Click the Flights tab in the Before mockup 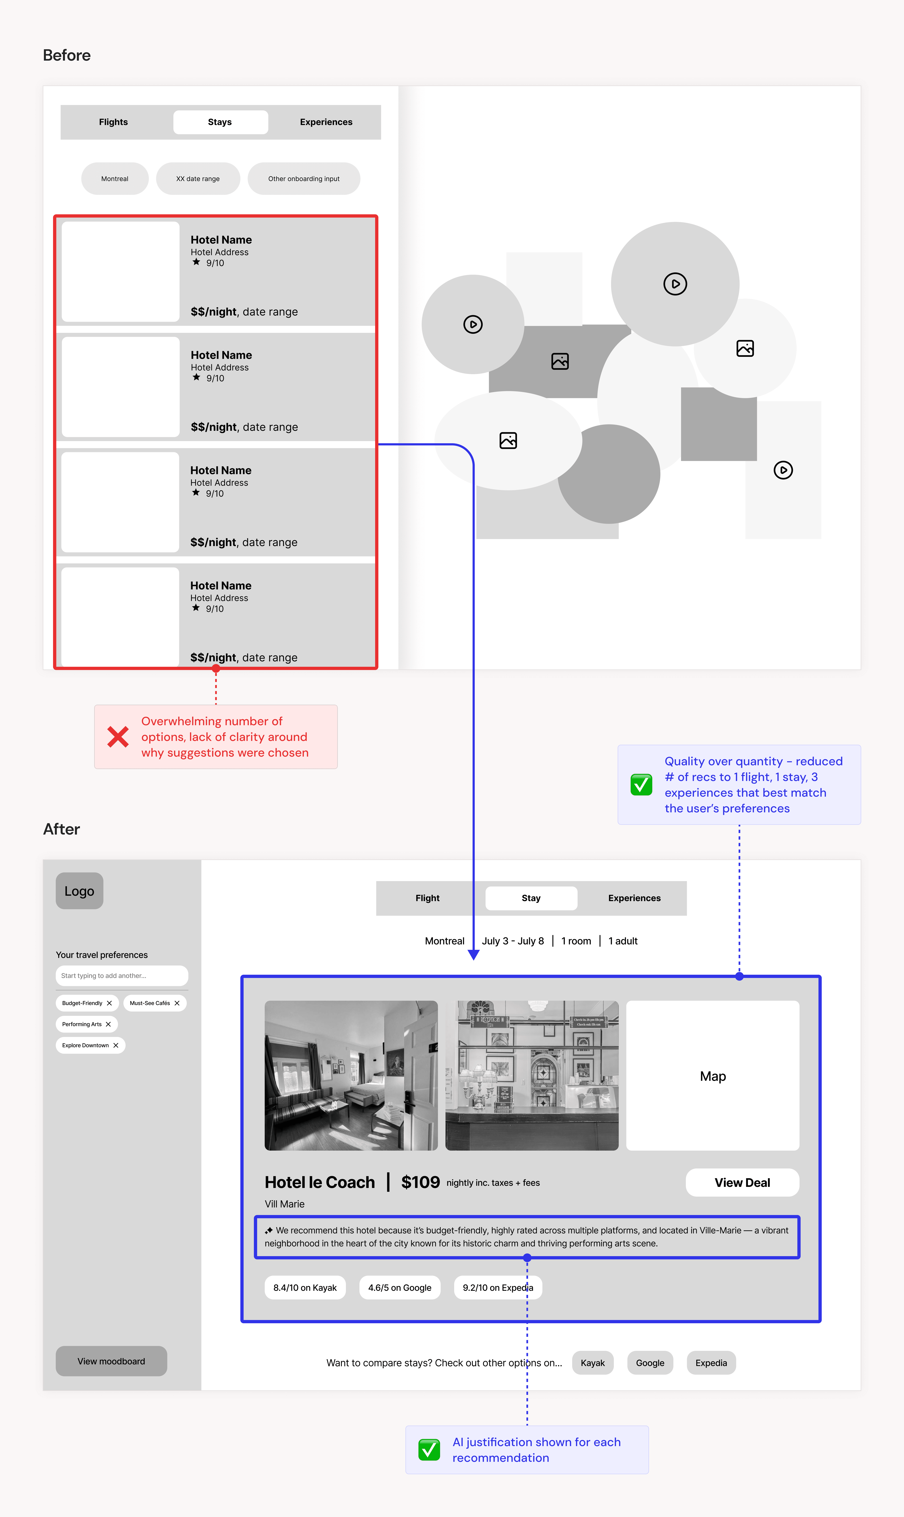click(x=113, y=122)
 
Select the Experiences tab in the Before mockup click(x=326, y=122)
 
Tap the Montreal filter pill click(x=115, y=178)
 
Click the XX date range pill click(x=198, y=178)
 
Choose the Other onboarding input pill click(x=304, y=178)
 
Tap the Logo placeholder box click(x=79, y=891)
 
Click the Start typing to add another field click(x=122, y=976)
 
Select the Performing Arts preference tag click(x=86, y=1024)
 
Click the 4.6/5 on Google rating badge click(x=400, y=1287)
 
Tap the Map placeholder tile click(x=713, y=1076)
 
